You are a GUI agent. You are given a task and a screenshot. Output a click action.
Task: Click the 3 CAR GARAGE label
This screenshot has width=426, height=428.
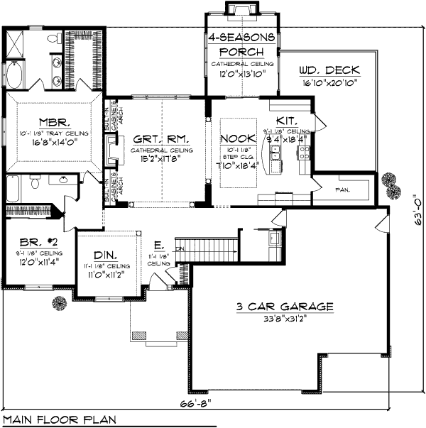point(285,307)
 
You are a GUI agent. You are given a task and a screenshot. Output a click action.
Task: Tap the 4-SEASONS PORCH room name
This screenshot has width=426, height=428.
point(241,45)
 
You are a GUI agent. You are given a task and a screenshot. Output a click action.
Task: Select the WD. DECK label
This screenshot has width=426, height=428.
point(329,70)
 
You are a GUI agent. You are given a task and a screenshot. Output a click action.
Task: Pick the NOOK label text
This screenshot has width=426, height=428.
point(234,138)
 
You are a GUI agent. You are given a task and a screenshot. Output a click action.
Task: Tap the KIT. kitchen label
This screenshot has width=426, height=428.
point(287,121)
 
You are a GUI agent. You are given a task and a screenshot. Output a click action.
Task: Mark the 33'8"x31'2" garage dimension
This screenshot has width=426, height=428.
point(286,319)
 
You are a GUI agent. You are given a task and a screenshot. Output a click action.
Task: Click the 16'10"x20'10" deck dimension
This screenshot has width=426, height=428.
point(329,82)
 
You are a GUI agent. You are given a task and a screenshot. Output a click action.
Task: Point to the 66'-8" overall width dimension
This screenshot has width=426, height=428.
point(207,402)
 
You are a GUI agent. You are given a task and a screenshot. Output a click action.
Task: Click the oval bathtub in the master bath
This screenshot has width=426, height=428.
point(15,75)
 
